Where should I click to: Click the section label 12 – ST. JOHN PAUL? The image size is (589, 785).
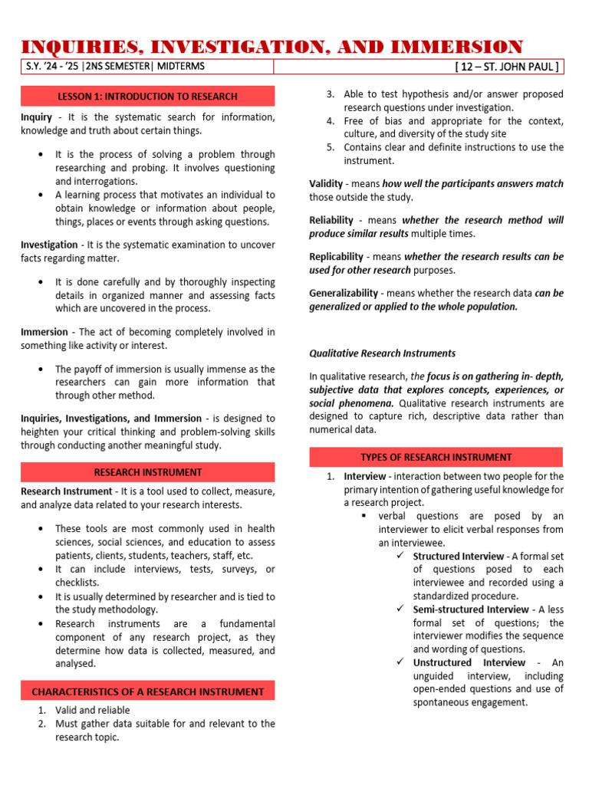[507, 67]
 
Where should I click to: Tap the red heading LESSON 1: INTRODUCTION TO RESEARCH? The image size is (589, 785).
[147, 96]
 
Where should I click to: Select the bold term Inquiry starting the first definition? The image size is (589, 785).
[36, 117]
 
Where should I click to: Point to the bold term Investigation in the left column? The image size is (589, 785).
[49, 245]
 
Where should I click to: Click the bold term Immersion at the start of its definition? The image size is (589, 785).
[45, 332]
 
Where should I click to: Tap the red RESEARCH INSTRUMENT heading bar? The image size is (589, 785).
[147, 472]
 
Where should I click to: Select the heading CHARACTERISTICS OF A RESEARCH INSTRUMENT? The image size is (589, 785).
[147, 691]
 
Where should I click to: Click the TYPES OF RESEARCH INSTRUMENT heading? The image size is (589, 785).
[436, 457]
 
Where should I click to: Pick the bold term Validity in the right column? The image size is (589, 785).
[326, 184]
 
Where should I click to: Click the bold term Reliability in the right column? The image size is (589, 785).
[331, 220]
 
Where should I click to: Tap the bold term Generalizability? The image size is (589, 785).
[344, 293]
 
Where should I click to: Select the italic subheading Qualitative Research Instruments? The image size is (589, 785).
[382, 353]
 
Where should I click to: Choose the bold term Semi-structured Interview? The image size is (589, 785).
[471, 609]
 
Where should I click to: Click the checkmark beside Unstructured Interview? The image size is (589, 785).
[400, 662]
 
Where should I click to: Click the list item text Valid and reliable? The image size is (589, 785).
[93, 711]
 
